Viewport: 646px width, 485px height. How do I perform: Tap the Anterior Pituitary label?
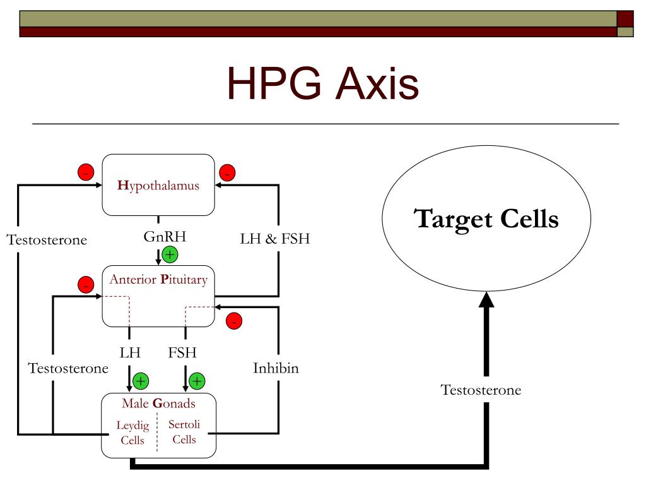158,279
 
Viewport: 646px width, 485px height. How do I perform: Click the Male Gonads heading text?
158,404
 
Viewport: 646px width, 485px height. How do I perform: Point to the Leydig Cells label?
132,433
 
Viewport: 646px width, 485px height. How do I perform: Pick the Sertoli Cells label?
184,432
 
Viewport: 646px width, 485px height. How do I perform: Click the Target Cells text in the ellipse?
486,219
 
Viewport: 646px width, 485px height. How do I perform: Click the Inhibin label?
276,368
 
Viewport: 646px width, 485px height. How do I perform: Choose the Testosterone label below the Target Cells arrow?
481,390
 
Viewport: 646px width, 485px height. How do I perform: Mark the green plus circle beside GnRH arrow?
170,255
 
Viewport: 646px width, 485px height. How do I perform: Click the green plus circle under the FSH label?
197,381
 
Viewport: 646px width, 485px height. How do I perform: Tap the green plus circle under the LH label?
141,381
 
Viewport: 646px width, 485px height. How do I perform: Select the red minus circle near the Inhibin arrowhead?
234,321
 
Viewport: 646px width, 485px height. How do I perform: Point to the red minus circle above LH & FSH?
227,172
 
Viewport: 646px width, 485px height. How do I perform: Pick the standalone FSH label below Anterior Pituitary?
184,352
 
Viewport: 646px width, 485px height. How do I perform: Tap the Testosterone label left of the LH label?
68,368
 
